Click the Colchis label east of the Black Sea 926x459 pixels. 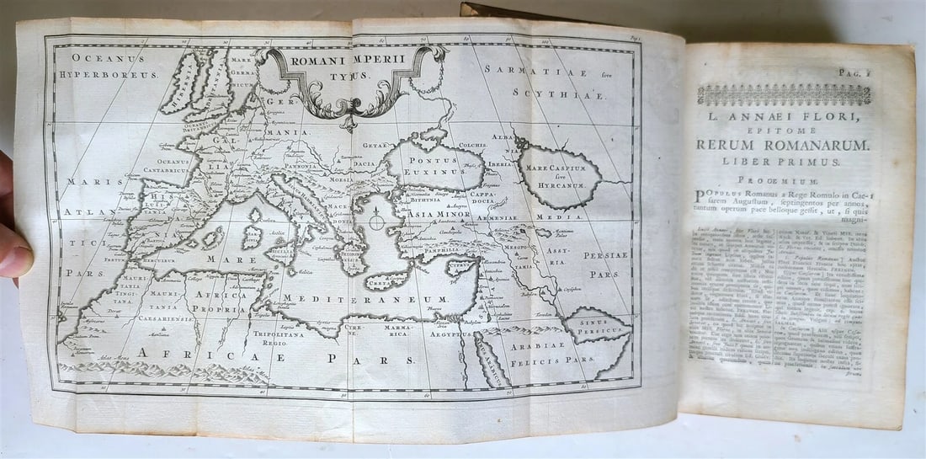pyautogui.click(x=473, y=145)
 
